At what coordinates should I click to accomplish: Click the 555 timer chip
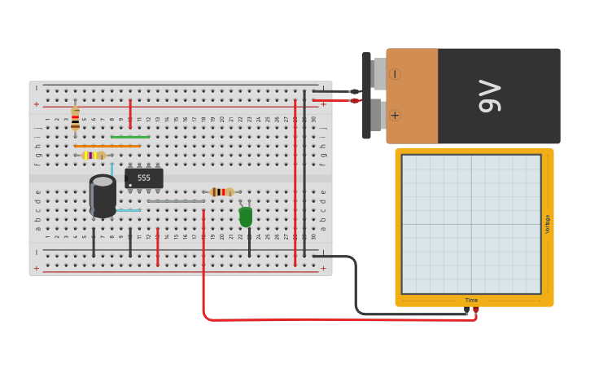[144, 178]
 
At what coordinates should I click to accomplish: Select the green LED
[246, 217]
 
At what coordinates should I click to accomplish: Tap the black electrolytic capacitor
[103, 196]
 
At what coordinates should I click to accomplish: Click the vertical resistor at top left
[75, 119]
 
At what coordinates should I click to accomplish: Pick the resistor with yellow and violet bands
[94, 155]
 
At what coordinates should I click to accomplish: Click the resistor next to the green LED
[221, 192]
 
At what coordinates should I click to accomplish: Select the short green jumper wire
[130, 137]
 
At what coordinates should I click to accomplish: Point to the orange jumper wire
[107, 146]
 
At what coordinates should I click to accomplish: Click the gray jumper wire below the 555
[176, 200]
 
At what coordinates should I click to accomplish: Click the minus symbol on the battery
[395, 74]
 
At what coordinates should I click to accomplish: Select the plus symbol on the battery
[395, 115]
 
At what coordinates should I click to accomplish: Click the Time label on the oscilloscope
[471, 301]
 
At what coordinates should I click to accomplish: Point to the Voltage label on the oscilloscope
[548, 224]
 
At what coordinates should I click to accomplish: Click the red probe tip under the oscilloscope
[476, 310]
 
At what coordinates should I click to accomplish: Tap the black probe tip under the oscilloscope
[466, 310]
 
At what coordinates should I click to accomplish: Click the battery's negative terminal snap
[378, 73]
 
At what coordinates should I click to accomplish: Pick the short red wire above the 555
[130, 114]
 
